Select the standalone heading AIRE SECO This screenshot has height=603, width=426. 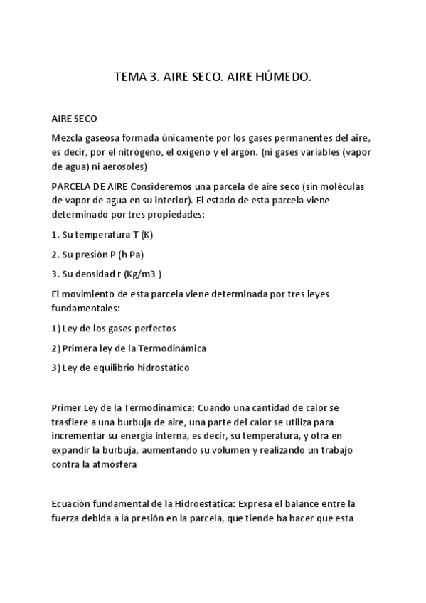point(75,117)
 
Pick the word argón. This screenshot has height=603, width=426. point(241,151)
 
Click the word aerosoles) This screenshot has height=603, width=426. point(123,166)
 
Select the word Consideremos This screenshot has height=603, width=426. point(181,186)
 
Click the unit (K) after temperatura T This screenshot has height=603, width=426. point(147,235)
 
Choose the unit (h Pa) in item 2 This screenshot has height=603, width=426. point(132,254)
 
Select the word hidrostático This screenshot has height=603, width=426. point(164,368)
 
